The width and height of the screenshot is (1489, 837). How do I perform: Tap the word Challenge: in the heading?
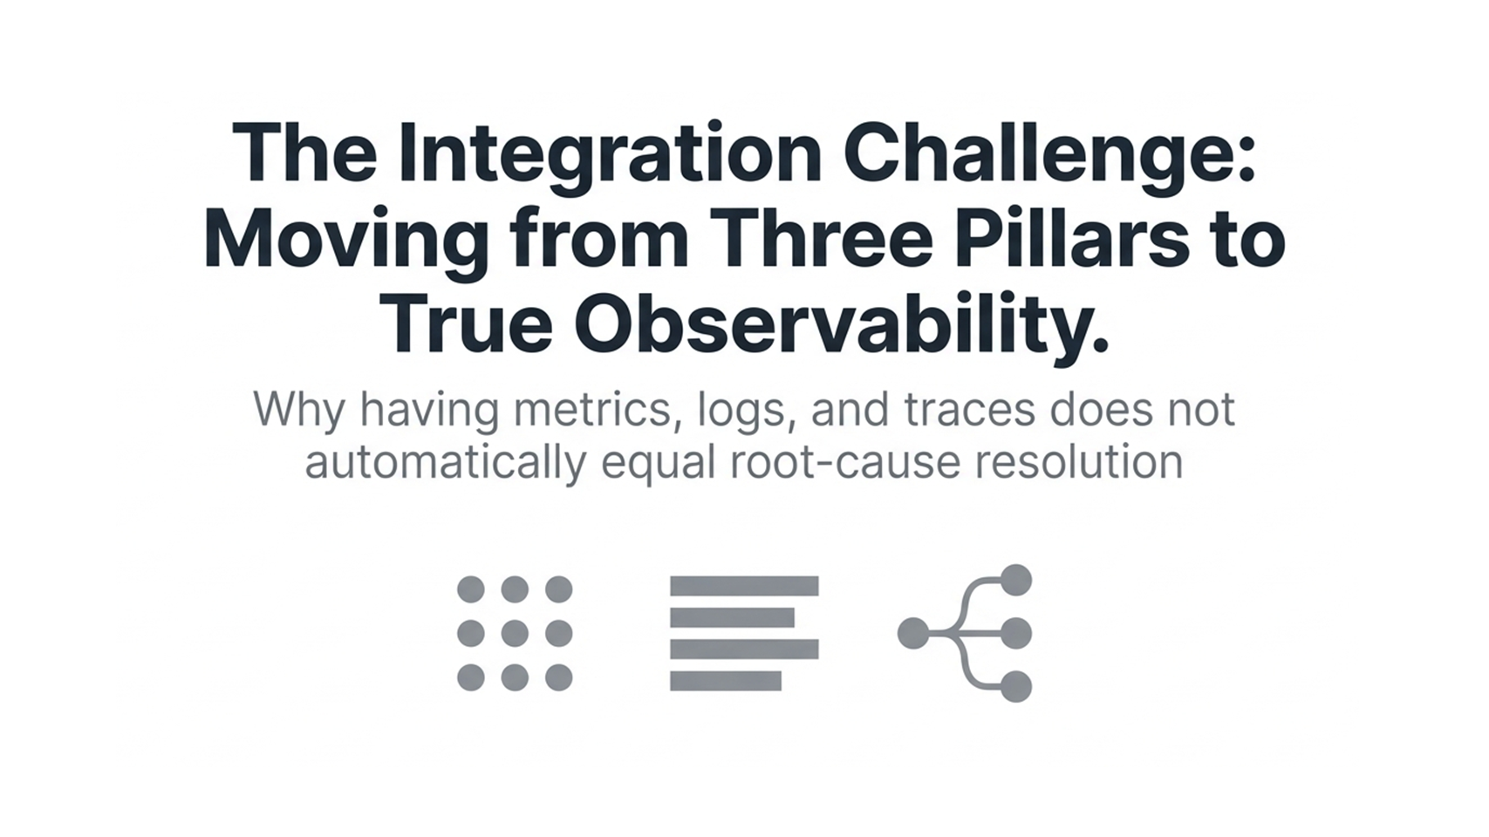tap(1050, 156)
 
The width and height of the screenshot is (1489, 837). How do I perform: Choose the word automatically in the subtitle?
tap(445, 462)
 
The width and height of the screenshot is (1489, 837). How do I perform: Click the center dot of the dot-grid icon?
tap(515, 633)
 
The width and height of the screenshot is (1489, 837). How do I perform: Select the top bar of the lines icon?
tap(744, 585)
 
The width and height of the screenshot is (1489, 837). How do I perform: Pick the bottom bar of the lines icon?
tap(725, 681)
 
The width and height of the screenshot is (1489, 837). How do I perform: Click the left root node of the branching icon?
tap(913, 634)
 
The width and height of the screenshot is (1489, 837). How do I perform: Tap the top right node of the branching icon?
tap(1016, 581)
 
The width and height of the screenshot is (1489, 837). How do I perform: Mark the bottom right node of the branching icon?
tap(1016, 687)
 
